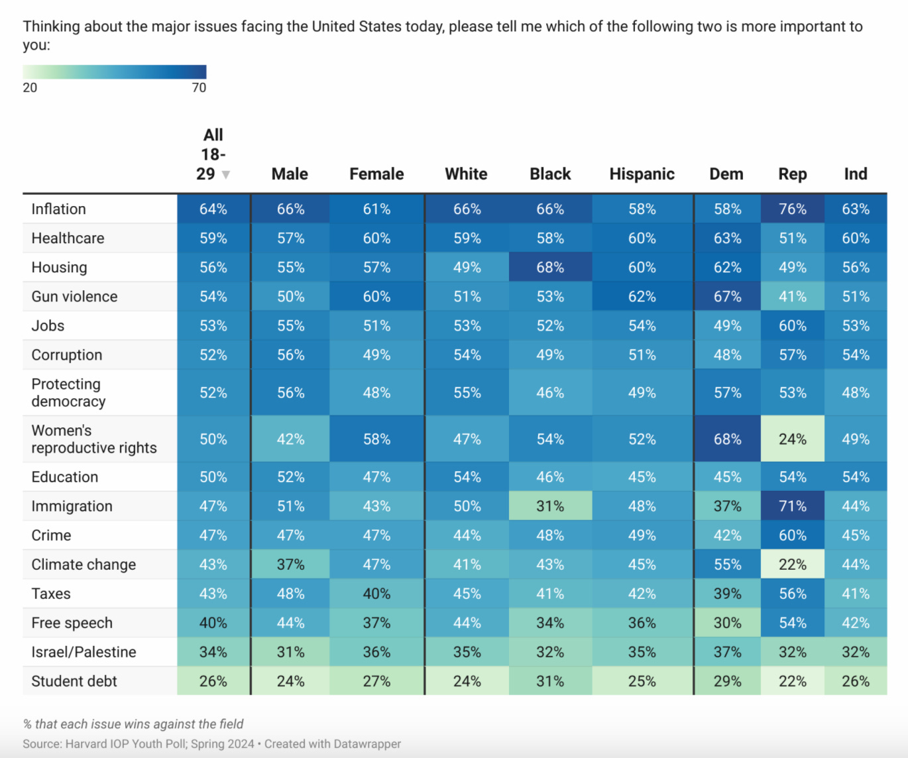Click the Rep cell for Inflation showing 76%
point(792,209)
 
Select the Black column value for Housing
point(550,268)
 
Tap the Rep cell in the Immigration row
point(792,506)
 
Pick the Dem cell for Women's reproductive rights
point(727,439)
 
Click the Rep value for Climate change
point(792,565)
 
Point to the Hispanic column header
point(642,174)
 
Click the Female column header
point(376,174)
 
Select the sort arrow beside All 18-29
point(226,175)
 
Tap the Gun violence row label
point(74,297)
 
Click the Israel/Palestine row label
point(84,652)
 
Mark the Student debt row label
point(74,681)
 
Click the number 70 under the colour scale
point(199,88)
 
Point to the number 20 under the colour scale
point(30,88)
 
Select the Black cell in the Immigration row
point(550,506)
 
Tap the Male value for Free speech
point(290,623)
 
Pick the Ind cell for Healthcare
point(855,239)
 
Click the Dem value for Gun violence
point(727,297)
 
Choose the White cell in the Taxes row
point(467,594)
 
